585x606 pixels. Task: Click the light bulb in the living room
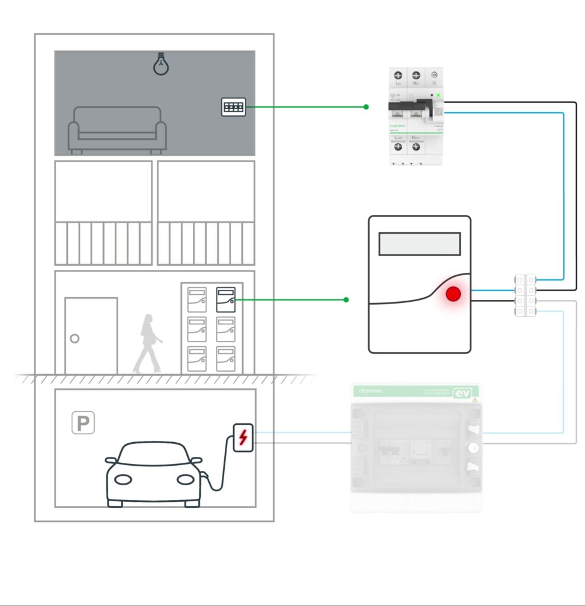point(160,64)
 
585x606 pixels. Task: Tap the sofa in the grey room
point(117,130)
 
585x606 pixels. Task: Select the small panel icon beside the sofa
point(234,107)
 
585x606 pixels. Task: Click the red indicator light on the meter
point(453,294)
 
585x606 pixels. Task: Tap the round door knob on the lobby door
point(75,339)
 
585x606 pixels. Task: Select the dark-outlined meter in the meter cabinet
point(226,299)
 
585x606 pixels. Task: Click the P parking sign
point(83,423)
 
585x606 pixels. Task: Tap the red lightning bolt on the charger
point(243,437)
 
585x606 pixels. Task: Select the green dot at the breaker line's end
point(366,107)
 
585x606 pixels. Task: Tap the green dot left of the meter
point(347,300)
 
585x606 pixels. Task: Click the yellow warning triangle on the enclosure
point(474,401)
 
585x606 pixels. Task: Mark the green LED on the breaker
point(438,95)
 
